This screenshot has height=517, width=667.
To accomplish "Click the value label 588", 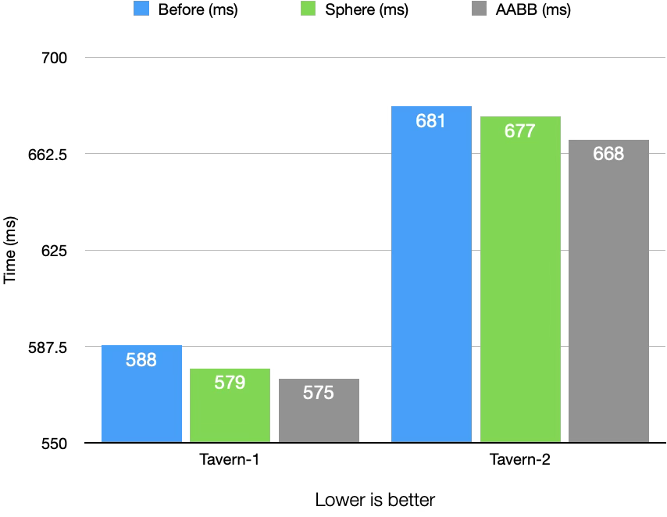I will [x=141, y=360].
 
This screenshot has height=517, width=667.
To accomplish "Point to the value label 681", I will [x=431, y=121].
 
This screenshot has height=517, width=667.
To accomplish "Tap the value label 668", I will [x=608, y=154].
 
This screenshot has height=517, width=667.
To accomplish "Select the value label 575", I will [x=319, y=393].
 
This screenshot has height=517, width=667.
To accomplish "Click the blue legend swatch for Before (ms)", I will [x=141, y=10].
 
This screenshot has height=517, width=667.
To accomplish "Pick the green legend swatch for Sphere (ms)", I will [x=309, y=10].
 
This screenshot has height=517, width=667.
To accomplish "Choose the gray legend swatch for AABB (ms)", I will [x=483, y=10].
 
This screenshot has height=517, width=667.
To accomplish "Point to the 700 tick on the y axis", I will [x=54, y=58].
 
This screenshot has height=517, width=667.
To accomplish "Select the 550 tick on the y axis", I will [x=54, y=443].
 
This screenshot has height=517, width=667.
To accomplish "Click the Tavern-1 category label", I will [x=230, y=460].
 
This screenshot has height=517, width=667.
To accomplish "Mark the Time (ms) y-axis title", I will [x=10, y=251].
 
